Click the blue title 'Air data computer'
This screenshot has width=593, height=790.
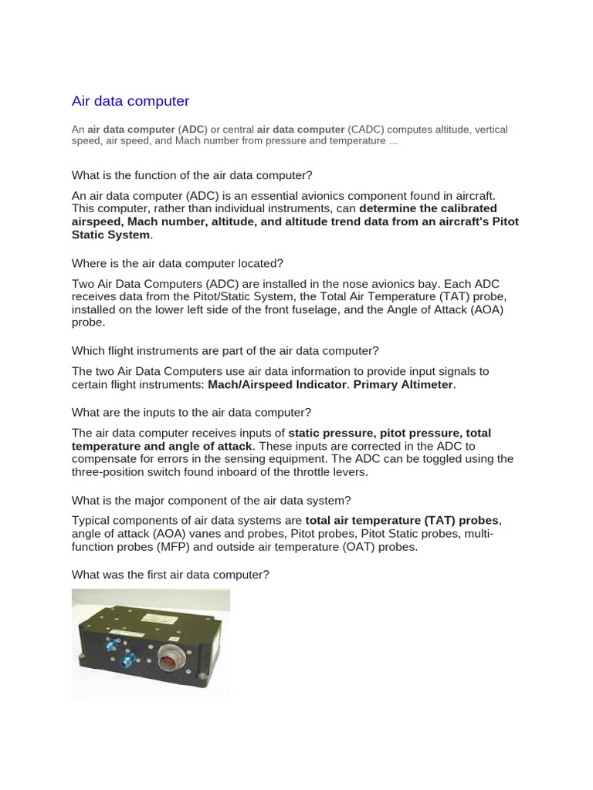[x=130, y=101]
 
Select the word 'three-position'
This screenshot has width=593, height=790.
[x=110, y=471]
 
